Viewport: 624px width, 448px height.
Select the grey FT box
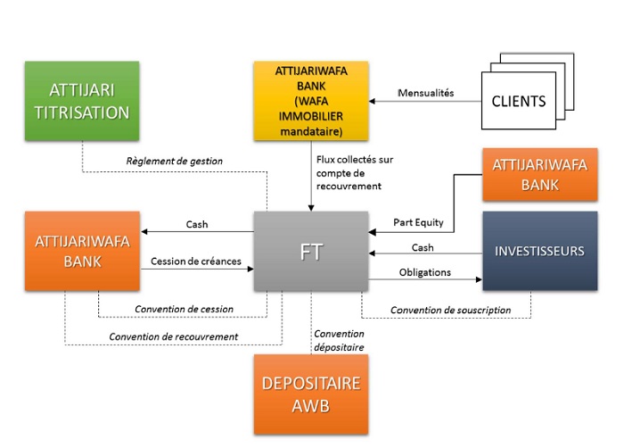pyautogui.click(x=311, y=251)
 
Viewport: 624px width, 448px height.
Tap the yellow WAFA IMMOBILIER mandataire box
pyautogui.click(x=311, y=101)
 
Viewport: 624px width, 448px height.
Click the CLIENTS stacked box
pyautogui.click(x=518, y=101)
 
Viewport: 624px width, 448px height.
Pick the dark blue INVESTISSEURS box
pyautogui.click(x=539, y=251)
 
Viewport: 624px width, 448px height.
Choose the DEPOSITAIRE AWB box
pyautogui.click(x=311, y=394)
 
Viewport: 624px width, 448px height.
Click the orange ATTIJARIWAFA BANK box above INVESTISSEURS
pyautogui.click(x=538, y=174)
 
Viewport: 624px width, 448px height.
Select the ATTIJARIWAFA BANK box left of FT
pyautogui.click(x=82, y=251)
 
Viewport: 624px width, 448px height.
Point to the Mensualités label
pyautogui.click(x=425, y=92)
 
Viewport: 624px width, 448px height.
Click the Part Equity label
pyautogui.click(x=418, y=222)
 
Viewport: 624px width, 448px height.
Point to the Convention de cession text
pyautogui.click(x=184, y=309)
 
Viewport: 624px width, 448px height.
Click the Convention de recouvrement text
pyautogui.click(x=173, y=336)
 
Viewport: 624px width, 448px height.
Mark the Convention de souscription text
pyautogui.click(x=450, y=310)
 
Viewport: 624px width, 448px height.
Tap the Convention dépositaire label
pyautogui.click(x=339, y=340)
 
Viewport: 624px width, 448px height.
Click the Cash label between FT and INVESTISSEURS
pyautogui.click(x=423, y=247)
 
